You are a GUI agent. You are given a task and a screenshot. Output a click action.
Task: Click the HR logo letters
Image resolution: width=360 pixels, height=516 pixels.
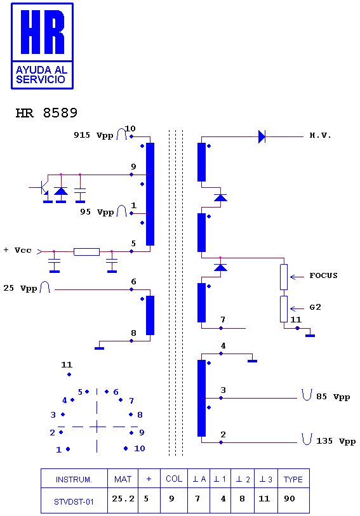tap(43, 32)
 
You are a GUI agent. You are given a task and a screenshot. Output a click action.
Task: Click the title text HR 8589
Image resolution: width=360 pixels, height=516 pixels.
tap(46, 113)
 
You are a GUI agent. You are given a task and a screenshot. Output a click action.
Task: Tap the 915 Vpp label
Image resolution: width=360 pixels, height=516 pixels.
tap(93, 135)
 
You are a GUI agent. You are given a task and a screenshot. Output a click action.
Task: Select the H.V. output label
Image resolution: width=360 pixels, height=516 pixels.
tap(320, 135)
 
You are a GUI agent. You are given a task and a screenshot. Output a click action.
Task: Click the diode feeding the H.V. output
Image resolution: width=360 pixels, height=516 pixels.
tap(262, 136)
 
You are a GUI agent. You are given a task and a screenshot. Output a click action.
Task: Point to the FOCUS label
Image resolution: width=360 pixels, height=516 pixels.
tap(323, 275)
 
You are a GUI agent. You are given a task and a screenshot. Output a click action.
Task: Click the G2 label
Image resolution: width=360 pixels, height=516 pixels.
tap(316, 307)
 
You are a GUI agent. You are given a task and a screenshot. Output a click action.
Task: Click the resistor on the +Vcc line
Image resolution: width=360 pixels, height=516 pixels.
tap(86, 252)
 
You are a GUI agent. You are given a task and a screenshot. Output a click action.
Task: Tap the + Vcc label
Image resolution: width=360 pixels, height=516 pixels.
tap(17, 250)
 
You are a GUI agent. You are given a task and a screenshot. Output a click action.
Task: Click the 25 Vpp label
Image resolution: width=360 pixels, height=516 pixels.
tap(20, 288)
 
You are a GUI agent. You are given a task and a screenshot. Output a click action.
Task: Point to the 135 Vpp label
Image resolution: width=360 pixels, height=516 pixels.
tap(336, 441)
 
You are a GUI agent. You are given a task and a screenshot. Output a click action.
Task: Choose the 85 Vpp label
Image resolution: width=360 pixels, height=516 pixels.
tap(333, 397)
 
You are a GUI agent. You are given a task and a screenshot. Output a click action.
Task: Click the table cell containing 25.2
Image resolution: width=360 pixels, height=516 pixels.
tap(123, 500)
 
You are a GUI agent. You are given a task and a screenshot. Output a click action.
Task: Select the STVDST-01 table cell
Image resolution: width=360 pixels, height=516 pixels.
tap(74, 500)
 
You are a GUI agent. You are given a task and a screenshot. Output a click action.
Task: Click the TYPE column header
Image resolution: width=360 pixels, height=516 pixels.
tap(293, 479)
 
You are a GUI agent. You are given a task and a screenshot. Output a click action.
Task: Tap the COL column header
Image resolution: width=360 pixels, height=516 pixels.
tap(174, 479)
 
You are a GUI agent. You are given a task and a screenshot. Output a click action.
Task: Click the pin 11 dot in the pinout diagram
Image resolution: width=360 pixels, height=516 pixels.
tap(69, 374)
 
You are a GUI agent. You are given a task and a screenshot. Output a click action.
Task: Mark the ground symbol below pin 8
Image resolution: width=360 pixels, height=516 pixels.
tap(100, 348)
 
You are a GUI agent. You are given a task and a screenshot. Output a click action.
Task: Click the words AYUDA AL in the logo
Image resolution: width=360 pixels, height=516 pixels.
tap(41, 70)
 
